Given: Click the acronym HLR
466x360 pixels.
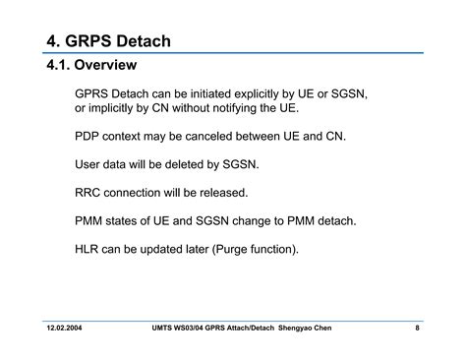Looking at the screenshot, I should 88,250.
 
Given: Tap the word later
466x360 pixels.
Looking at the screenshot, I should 188,250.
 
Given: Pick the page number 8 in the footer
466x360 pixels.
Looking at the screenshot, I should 417,327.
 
